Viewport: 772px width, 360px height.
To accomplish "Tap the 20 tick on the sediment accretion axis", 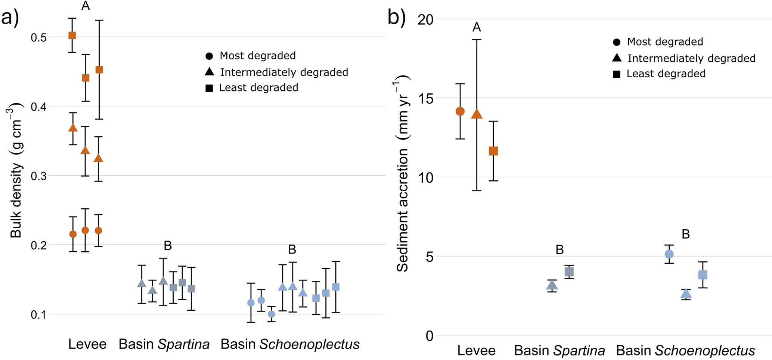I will (425, 19).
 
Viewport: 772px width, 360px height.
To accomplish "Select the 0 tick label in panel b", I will (429, 336).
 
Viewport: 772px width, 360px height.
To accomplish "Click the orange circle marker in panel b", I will (460, 111).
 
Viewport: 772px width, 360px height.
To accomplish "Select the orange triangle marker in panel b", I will (477, 114).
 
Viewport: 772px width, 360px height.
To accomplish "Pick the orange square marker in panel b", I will (493, 151).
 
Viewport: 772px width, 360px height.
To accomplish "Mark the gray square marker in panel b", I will (569, 272).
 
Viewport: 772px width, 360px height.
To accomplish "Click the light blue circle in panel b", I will (669, 254).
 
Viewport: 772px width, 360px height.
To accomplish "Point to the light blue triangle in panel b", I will (686, 294).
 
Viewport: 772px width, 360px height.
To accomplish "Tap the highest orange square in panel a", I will (72, 35).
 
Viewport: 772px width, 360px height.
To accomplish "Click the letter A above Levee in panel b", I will (477, 27).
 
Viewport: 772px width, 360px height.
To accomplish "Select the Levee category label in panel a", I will (87, 344).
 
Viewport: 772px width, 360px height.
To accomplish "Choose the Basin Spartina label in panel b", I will (559, 351).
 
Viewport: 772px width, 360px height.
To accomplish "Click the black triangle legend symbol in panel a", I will (209, 71).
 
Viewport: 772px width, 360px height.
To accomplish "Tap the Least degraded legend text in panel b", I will (666, 74).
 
